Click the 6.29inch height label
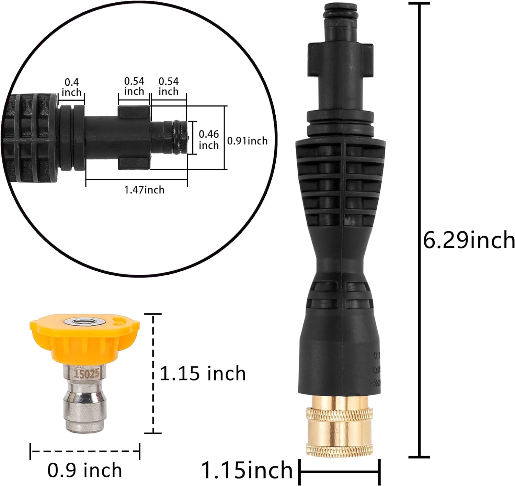click(x=469, y=240)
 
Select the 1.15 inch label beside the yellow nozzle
click(x=203, y=373)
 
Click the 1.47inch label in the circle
click(x=144, y=190)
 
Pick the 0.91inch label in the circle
click(x=247, y=141)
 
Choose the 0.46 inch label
click(x=209, y=139)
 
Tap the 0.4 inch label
click(x=71, y=87)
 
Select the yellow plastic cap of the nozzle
click(x=84, y=338)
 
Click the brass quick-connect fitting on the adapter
click(x=339, y=426)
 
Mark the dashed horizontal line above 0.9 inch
click(x=85, y=451)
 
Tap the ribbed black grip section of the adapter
click(x=339, y=185)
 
